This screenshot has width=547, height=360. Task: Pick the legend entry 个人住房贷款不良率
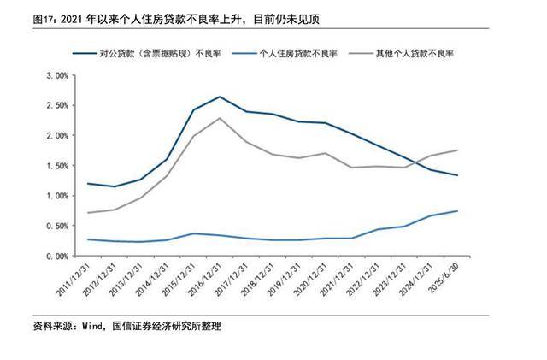(298, 53)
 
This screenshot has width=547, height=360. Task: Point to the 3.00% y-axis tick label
(56, 75)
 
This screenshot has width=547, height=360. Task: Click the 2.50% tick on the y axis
(56, 105)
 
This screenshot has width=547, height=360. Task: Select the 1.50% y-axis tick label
(56, 166)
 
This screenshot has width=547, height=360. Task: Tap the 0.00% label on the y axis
(56, 256)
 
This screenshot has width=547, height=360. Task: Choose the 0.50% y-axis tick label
(56, 226)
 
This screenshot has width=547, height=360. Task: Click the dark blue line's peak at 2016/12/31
(220, 97)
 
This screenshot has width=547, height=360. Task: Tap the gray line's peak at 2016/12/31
(220, 118)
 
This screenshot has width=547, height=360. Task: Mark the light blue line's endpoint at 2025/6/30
(457, 210)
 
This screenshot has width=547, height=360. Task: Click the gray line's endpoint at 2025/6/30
(457, 150)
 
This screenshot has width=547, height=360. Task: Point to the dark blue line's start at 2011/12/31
(87, 183)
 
